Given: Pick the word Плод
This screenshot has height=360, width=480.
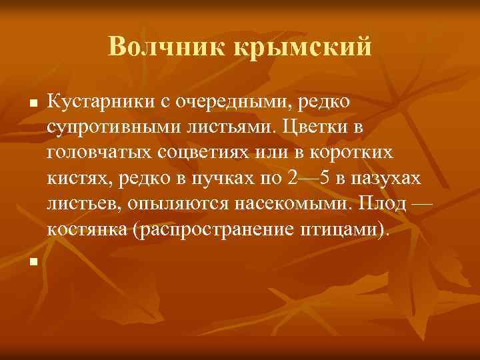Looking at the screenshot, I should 381,201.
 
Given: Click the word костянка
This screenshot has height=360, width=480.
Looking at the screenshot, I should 87,228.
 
